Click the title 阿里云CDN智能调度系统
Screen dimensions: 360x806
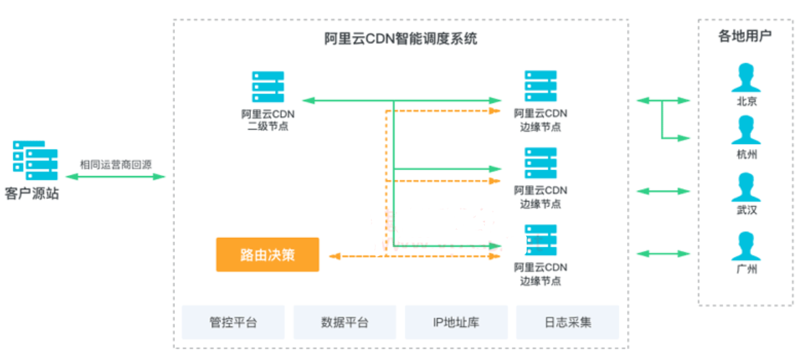[x=400, y=39]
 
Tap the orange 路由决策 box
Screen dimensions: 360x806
[x=268, y=254]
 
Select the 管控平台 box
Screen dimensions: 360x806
[x=233, y=322]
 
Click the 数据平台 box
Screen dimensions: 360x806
[x=344, y=322]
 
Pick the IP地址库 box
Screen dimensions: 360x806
[x=456, y=322]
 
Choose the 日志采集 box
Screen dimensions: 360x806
[x=567, y=322]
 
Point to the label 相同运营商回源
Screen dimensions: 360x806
[x=115, y=165]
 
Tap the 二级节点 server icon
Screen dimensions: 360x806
[x=268, y=87]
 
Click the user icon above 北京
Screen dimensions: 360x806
[x=746, y=78]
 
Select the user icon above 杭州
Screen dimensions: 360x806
[x=746, y=130]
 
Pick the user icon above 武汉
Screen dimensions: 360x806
[x=746, y=187]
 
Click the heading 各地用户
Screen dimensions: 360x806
[x=745, y=36]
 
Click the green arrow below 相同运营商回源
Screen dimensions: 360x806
[x=115, y=177]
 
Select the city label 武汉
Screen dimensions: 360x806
[x=746, y=211]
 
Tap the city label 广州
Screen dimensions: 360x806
[x=746, y=269]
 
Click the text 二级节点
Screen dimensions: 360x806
[x=268, y=126]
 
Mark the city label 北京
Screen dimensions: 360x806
[x=746, y=101]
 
